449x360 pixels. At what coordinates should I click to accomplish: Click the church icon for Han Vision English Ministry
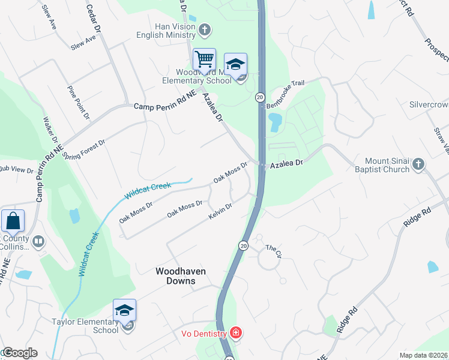click(205, 29)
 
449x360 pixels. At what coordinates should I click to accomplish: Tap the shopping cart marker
click(204, 60)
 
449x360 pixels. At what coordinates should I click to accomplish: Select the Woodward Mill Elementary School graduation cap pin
click(235, 64)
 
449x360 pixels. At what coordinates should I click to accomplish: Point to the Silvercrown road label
click(429, 104)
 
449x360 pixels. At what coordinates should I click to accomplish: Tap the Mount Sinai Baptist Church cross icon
click(419, 163)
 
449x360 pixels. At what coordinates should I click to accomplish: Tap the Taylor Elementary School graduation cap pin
click(124, 310)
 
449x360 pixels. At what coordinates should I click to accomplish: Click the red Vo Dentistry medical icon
click(235, 333)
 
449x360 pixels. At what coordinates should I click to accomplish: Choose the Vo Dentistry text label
click(204, 334)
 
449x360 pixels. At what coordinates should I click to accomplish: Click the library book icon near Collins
click(39, 241)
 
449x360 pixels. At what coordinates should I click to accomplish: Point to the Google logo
click(19, 353)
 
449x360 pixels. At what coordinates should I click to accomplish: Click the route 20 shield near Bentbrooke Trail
click(260, 97)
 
